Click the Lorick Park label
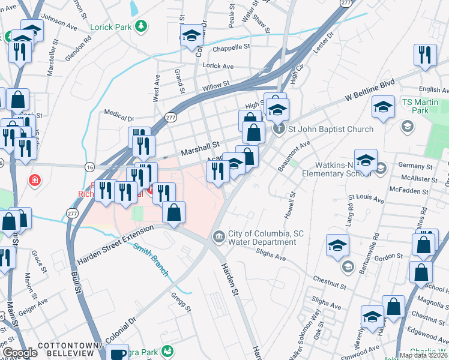pyautogui.click(x=111, y=27)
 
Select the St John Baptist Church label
pyautogui.click(x=331, y=129)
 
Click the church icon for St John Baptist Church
pyautogui.click(x=279, y=129)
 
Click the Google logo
pyautogui.click(x=20, y=353)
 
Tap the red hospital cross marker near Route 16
pyautogui.click(x=35, y=180)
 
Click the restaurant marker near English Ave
pyautogui.click(x=424, y=56)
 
